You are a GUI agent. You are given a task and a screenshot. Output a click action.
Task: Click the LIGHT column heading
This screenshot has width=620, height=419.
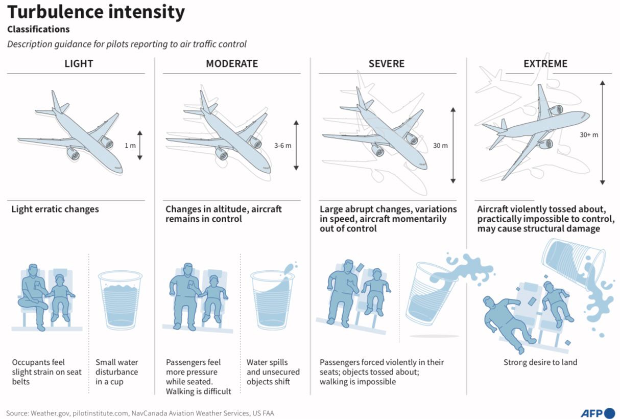(79, 64)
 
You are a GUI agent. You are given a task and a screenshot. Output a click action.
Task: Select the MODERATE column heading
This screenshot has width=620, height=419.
(232, 64)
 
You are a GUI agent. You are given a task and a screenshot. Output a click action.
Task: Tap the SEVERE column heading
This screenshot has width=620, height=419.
(387, 64)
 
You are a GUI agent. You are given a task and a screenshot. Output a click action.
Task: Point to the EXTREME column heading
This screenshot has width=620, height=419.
(545, 64)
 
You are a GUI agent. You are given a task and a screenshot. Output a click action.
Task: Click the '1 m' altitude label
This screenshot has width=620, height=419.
(130, 146)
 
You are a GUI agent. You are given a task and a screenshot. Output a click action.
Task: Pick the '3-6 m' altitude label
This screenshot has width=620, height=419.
(282, 146)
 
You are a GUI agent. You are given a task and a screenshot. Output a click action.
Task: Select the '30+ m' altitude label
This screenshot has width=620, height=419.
(589, 135)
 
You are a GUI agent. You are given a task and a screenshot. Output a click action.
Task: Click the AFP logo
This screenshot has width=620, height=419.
(598, 413)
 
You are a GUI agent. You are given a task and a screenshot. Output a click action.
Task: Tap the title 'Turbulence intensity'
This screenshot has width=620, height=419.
(96, 12)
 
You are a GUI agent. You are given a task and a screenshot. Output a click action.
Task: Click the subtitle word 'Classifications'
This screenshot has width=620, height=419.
(38, 29)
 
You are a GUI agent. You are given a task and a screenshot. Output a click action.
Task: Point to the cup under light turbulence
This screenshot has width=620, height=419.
(120, 300)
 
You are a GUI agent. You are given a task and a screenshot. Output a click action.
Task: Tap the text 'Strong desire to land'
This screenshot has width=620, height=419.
(540, 362)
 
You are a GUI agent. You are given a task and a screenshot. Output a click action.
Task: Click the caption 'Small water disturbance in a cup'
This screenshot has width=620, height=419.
(116, 372)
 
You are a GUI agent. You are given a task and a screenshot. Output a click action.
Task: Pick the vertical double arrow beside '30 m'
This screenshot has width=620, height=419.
(453, 146)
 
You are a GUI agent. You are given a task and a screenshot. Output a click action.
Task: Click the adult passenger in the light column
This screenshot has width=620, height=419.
(33, 297)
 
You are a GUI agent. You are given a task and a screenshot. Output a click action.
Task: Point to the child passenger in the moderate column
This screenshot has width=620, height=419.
(214, 298)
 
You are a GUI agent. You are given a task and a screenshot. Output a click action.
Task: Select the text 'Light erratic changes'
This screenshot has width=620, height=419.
(55, 209)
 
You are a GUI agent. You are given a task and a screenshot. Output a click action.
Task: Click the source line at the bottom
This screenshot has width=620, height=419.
(140, 413)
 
